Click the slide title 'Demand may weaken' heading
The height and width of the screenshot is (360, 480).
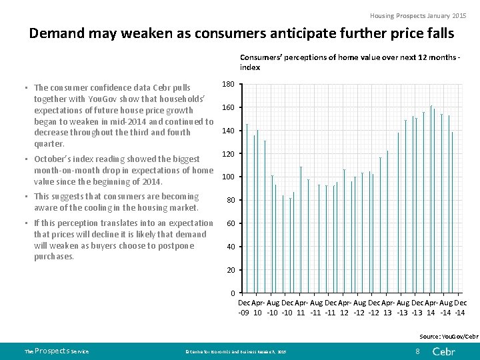coord(241,33)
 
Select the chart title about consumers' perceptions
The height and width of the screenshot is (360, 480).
coord(349,63)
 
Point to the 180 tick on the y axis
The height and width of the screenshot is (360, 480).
coord(227,84)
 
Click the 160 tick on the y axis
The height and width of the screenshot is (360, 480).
coord(227,107)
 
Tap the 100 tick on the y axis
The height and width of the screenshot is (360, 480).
coord(227,177)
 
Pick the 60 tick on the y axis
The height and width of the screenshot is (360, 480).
coord(229,223)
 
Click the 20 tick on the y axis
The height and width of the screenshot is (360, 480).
coord(229,270)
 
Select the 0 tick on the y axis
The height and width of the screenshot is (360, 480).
coord(231,293)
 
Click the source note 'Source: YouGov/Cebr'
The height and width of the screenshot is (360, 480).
coord(448,337)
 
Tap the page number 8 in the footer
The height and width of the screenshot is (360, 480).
coord(417,351)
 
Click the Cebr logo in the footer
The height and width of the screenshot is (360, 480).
coord(444,351)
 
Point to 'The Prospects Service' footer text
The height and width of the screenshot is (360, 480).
coord(56,351)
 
